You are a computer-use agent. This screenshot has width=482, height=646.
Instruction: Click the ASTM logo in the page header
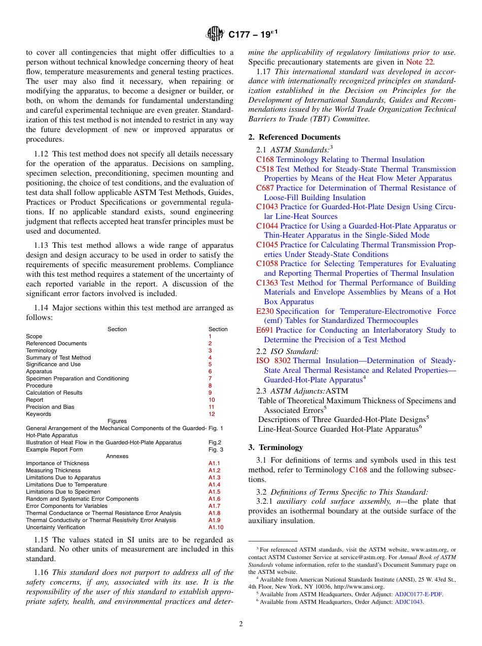[x=215, y=35]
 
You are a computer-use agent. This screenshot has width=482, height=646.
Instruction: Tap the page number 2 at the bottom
[x=241, y=624]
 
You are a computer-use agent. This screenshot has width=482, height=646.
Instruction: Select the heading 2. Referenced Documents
[x=294, y=137]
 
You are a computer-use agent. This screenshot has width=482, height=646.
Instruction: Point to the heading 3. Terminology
[x=276, y=447]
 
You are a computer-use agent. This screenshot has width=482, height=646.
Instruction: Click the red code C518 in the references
[x=265, y=169]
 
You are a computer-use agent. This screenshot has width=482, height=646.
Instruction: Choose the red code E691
[x=265, y=330]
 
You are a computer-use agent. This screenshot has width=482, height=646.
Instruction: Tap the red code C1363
[x=267, y=283]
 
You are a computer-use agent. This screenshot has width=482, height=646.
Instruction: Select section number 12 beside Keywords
[x=212, y=414]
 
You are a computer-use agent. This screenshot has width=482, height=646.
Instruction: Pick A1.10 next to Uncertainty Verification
[x=216, y=527]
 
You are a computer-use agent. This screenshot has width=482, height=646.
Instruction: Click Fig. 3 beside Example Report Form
[x=216, y=449]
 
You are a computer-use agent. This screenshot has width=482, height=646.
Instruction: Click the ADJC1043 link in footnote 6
[x=409, y=602]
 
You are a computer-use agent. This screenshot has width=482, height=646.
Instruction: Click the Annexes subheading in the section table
[x=117, y=456]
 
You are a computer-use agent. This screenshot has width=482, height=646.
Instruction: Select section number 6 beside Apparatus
[x=210, y=372]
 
